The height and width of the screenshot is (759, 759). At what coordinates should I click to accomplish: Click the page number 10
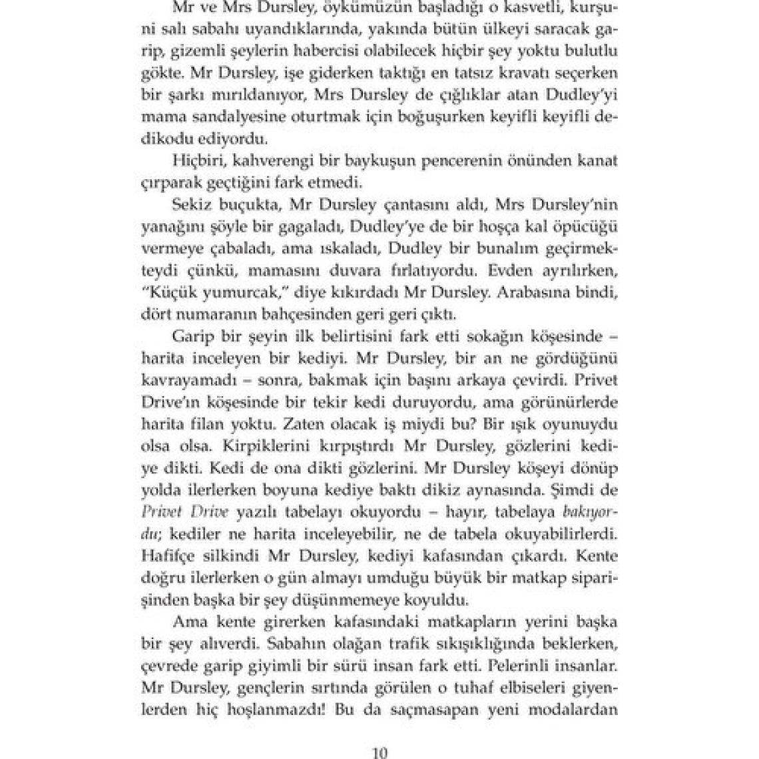click(x=379, y=753)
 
